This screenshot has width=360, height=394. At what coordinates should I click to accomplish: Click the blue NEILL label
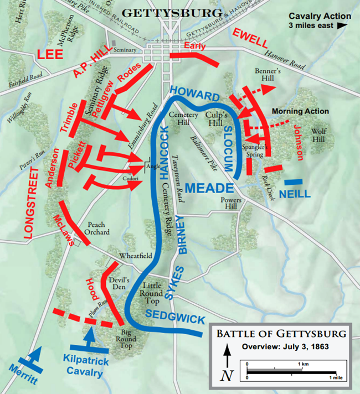[x=295, y=194]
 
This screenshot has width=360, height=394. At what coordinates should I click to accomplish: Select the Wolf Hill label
[x=322, y=134]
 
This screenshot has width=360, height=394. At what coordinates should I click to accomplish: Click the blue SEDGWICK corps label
[x=176, y=317]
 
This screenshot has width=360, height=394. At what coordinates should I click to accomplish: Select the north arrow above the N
[x=226, y=354]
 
